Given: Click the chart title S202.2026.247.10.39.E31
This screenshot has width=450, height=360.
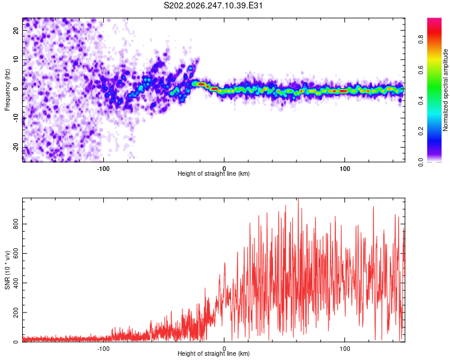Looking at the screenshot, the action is [213, 5].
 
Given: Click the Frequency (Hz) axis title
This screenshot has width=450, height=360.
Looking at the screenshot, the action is [7, 90].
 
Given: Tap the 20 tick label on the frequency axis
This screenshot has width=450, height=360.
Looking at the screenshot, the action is [16, 30].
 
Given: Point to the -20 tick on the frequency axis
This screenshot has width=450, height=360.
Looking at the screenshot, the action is [16, 148].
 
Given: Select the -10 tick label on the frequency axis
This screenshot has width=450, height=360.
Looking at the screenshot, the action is [16, 118].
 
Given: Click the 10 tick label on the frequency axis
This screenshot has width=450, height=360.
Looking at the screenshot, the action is [16, 59].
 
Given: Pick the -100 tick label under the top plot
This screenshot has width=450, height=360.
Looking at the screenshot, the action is [103, 169].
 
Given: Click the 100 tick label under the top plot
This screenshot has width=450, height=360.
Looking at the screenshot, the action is [344, 169].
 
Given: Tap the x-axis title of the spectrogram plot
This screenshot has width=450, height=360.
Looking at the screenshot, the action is [214, 173].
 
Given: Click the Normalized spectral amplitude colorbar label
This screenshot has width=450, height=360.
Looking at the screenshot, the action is [445, 90].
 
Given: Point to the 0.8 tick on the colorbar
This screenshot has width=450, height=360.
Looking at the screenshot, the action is [421, 39].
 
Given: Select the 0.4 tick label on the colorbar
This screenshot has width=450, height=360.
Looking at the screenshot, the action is [421, 100].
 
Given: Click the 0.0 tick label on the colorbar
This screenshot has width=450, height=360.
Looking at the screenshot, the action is [421, 162].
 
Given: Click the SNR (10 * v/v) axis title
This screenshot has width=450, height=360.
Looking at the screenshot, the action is [7, 270].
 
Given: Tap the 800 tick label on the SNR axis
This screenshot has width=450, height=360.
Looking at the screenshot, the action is [16, 224].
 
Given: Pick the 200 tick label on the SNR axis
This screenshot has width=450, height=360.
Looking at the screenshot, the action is [16, 313].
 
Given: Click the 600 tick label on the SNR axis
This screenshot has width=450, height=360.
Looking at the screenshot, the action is [16, 253].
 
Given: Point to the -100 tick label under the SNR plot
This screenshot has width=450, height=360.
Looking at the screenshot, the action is [103, 349].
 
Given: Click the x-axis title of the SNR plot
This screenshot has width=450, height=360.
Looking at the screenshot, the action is [214, 353].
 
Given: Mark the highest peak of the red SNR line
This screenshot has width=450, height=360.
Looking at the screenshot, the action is [298, 199].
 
